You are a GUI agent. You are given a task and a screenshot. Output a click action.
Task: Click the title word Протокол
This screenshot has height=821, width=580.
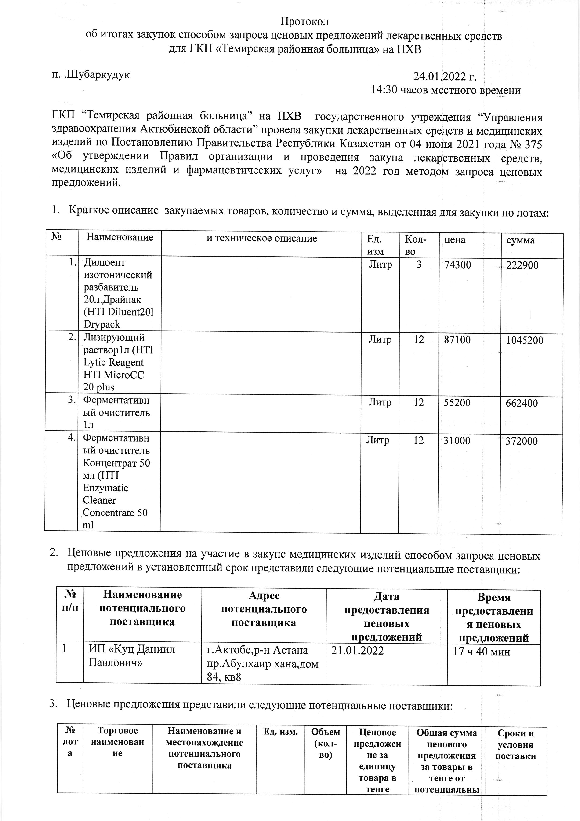[x=304, y=22]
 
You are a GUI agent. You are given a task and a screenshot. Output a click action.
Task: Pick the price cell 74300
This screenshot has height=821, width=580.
[x=457, y=265]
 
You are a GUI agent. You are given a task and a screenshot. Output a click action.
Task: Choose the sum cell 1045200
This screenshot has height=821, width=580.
[x=525, y=340]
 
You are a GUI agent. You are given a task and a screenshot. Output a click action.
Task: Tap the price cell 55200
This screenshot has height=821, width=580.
[x=457, y=403]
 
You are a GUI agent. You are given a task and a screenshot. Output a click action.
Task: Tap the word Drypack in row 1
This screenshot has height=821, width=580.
[x=102, y=324]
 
